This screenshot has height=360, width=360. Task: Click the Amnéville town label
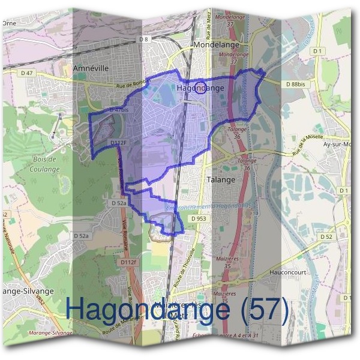tap(91, 68)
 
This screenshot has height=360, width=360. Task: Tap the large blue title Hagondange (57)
tap(177, 308)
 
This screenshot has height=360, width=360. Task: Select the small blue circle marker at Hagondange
tap(201, 88)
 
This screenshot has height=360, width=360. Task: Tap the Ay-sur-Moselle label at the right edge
tap(340, 145)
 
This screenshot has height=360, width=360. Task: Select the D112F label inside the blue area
tap(119, 143)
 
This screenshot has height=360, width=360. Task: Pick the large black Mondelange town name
tap(216, 45)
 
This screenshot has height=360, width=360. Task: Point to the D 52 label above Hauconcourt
tap(326, 237)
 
